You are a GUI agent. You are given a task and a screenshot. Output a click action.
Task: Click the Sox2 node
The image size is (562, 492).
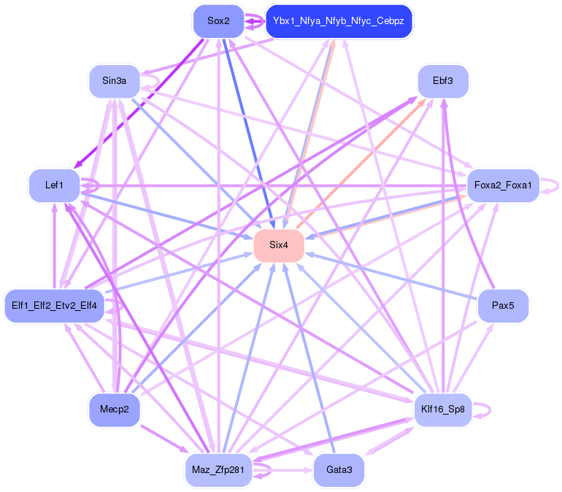(218, 21)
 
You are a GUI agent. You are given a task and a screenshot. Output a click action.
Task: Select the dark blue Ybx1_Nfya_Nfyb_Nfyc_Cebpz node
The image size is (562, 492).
(339, 21)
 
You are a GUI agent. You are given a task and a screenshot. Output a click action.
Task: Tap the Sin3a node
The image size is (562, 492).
(114, 81)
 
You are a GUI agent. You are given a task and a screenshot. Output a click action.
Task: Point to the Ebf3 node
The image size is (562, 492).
(442, 81)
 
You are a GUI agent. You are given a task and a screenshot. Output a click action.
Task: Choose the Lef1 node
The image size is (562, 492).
(54, 185)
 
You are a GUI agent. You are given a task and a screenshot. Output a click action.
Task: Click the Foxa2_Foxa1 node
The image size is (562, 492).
(502, 185)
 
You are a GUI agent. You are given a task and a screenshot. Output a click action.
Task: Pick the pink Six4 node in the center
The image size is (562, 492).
(278, 245)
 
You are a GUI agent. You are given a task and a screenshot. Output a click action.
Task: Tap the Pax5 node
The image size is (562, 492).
(502, 305)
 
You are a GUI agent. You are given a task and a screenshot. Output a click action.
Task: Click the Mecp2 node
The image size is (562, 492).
(114, 410)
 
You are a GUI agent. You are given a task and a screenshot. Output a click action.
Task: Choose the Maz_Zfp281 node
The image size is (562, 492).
(218, 469)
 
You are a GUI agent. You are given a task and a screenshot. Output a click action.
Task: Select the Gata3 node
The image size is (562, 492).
(339, 469)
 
